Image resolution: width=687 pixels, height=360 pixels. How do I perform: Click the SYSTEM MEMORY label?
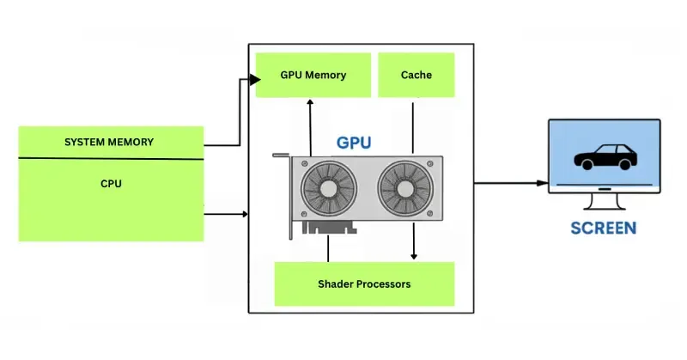pos(109,142)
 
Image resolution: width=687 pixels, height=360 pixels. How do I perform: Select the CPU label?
pos(110,183)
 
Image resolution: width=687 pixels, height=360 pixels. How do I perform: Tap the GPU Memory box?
pos(313,75)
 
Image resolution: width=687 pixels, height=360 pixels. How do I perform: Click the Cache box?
pos(416,75)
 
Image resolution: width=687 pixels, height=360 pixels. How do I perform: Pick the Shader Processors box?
pos(364,284)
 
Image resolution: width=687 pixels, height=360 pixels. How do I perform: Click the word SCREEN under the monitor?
pos(604,229)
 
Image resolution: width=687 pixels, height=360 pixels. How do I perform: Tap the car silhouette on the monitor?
pos(604,158)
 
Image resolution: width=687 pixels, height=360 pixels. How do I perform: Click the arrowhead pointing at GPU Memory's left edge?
pos(255,80)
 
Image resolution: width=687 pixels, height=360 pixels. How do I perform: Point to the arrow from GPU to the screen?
pos(512,183)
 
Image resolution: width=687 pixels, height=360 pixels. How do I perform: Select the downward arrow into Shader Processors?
pos(415,249)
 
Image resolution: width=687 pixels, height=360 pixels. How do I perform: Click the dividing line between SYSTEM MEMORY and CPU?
pos(111,159)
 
